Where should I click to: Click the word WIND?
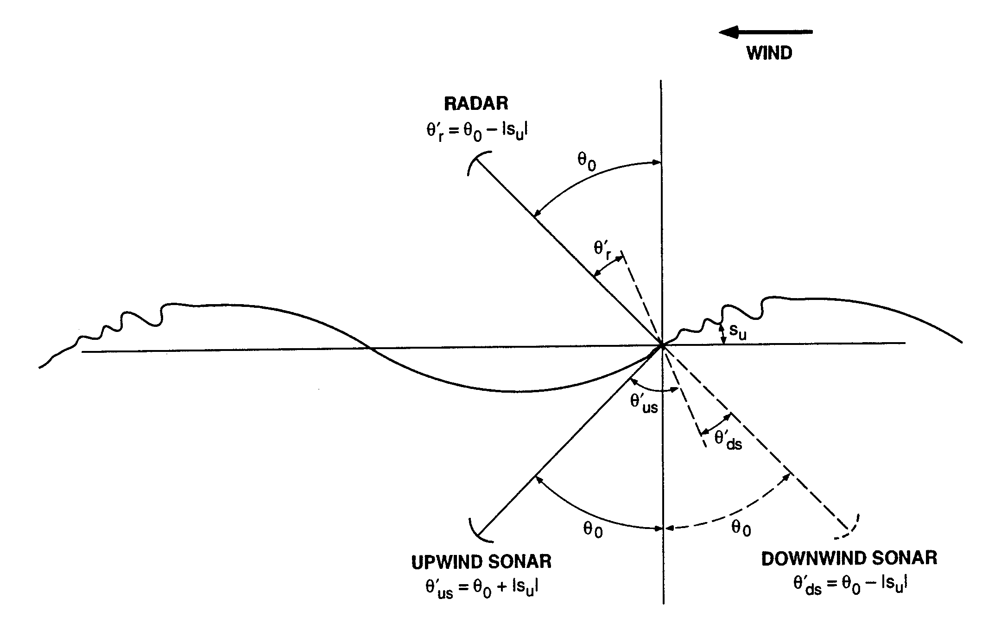point(769,53)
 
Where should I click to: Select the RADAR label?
point(476,103)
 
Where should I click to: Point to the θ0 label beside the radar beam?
point(586,162)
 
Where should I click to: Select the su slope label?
point(737,331)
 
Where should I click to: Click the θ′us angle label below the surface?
point(644,403)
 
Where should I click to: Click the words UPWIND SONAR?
point(481,562)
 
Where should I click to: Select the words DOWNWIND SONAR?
point(849,558)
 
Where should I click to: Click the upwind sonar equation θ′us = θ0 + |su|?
point(481,588)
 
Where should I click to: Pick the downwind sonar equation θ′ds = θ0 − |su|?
point(849,585)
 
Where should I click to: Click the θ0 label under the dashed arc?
point(741,528)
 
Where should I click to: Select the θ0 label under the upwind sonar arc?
point(593,529)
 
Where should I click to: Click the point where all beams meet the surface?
point(662,345)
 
